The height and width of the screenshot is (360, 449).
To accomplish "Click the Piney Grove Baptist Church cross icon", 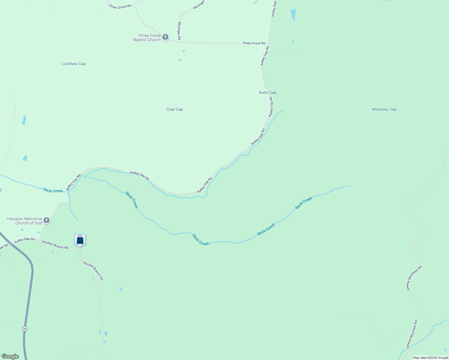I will point(165,37).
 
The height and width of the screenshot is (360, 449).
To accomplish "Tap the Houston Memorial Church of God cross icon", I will point(46,221).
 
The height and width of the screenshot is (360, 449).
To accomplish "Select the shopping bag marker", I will point(80,240).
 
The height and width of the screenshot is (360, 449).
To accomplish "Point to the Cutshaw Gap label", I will point(74,64).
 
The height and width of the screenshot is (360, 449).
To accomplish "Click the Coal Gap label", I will point(175,109).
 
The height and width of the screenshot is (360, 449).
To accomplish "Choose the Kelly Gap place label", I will point(268,92).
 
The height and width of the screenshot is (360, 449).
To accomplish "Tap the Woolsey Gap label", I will point(384,109).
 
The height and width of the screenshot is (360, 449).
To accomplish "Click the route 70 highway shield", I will point(25,328).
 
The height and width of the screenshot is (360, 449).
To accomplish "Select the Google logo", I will point(10,356).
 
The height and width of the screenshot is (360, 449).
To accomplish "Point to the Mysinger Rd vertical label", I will point(179,31).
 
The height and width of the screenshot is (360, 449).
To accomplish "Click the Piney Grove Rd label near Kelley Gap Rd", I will point(254,43).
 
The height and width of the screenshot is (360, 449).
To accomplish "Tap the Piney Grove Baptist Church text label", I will point(147,37).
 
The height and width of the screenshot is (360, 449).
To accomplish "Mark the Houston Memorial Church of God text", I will point(25,221).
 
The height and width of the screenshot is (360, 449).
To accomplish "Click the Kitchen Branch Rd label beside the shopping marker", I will point(55,245).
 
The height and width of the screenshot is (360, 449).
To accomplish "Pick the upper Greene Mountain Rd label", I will point(414,278).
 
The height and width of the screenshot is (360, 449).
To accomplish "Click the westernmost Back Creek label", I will point(53,190).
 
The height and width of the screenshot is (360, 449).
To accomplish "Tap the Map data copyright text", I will point(430,358).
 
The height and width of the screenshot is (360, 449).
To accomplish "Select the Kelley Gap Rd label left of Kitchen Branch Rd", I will point(25,239).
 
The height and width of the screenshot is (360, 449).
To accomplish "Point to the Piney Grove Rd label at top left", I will point(120,6).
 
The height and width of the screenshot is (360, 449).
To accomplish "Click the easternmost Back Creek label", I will point(304,203).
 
